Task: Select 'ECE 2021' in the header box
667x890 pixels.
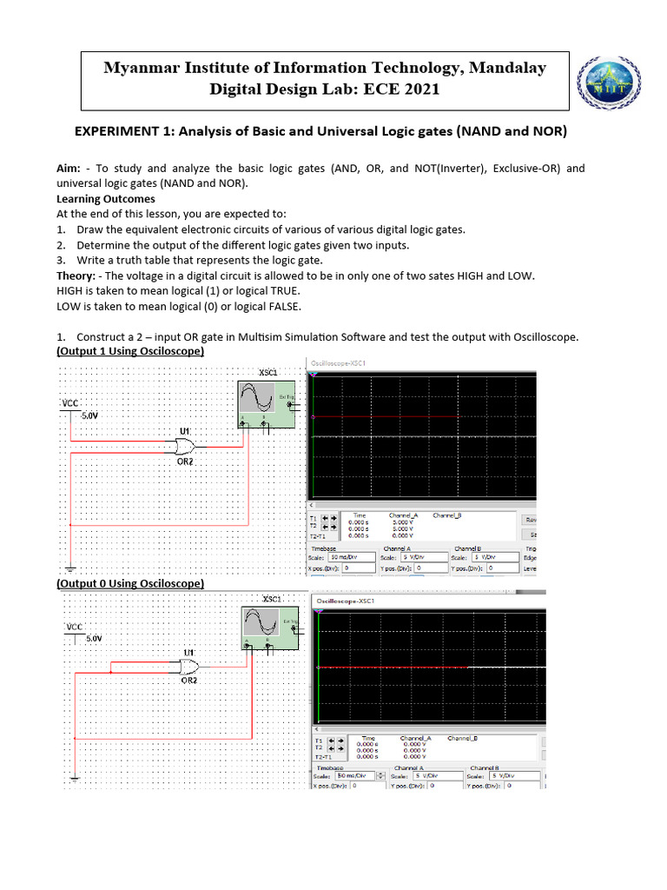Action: click(x=400, y=90)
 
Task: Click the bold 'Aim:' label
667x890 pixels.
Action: click(x=69, y=169)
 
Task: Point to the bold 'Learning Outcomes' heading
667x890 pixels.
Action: click(x=106, y=199)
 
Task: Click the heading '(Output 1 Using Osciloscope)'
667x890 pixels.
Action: click(x=130, y=352)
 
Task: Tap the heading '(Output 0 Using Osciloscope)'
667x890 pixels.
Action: click(x=130, y=584)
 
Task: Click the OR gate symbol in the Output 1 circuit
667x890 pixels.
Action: click(x=184, y=447)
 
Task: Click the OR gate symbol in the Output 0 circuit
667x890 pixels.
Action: click(x=187, y=667)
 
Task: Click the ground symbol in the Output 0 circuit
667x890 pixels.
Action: click(x=75, y=780)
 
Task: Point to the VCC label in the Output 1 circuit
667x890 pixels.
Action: click(x=69, y=404)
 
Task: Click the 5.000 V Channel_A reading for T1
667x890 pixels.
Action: click(x=403, y=521)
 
